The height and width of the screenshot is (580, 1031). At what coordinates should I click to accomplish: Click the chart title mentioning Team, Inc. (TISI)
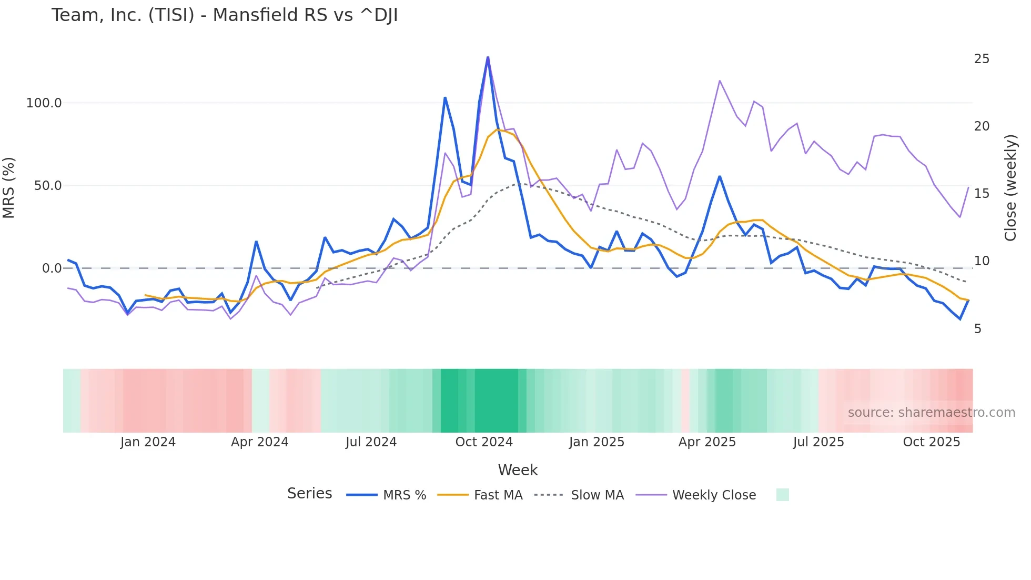point(225,15)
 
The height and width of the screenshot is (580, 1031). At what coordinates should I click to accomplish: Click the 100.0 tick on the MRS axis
point(44,103)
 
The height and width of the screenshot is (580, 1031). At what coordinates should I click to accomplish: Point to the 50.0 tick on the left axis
point(48,186)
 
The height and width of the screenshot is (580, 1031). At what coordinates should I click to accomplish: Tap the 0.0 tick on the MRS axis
point(52,268)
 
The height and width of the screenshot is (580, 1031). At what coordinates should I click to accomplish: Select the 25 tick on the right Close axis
point(982,59)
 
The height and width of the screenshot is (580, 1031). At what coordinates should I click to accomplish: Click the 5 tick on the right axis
point(978,329)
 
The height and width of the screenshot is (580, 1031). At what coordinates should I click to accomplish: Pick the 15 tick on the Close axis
point(982,194)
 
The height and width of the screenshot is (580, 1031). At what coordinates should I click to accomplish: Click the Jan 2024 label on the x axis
point(148,442)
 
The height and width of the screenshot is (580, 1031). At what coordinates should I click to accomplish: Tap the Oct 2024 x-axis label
point(484,442)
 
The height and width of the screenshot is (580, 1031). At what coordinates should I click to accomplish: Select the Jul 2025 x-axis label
point(818,442)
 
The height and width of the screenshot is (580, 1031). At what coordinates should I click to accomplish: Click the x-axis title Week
point(518,470)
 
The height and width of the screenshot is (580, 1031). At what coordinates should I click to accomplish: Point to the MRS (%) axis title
point(9,187)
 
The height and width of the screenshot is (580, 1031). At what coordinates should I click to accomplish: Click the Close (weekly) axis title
point(1010,187)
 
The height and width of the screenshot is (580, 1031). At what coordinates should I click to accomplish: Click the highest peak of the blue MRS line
point(488,57)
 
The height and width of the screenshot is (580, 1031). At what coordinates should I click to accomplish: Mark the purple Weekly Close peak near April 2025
point(720,81)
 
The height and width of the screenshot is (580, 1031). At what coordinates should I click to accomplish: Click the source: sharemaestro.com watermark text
point(931,413)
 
